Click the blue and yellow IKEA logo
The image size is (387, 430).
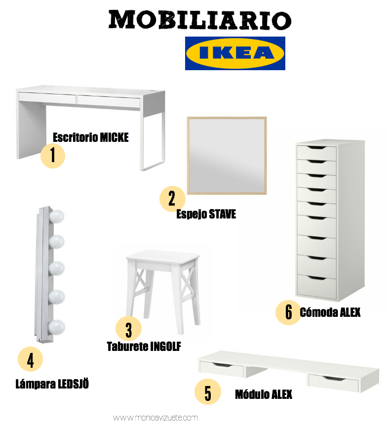235,53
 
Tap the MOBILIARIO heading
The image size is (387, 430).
199,20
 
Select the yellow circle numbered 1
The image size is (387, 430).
53,156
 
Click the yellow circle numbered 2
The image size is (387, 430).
172,199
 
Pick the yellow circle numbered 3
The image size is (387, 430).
128,329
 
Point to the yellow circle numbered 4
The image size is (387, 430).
31,359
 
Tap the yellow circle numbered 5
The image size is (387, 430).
208,391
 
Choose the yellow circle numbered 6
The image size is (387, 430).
288,312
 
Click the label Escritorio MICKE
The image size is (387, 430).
91,137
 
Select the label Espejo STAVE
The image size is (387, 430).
206,214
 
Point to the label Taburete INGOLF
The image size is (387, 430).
144,346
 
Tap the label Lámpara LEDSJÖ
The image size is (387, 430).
52,384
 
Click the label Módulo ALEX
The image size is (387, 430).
264,394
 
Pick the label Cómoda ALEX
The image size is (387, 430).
330,312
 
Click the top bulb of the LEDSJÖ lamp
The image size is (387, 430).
57,216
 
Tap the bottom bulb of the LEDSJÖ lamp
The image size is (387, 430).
57,327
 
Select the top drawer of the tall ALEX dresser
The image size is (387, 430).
316,153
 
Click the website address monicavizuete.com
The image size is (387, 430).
155,418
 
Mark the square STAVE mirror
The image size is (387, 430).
227,156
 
